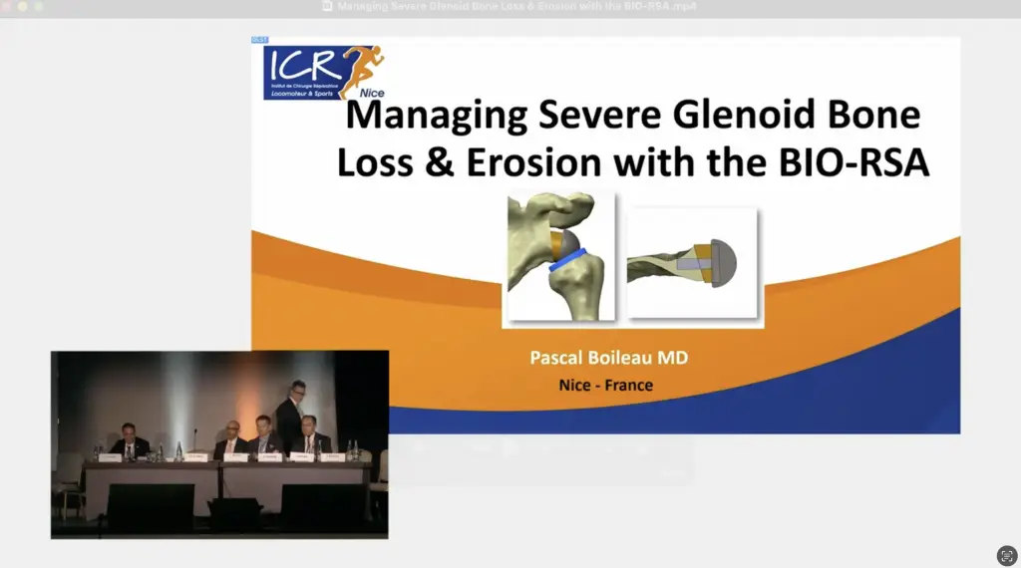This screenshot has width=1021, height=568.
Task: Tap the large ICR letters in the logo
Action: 301,67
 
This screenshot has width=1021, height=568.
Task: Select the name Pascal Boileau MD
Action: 607,357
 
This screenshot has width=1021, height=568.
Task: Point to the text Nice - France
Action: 606,385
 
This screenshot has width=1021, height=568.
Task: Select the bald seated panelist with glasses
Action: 230,438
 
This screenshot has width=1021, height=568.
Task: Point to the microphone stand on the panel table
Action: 195,444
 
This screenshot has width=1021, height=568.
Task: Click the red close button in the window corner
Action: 7,6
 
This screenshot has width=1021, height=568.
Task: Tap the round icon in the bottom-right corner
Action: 1006,555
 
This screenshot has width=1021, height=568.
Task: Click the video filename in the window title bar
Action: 516,6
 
